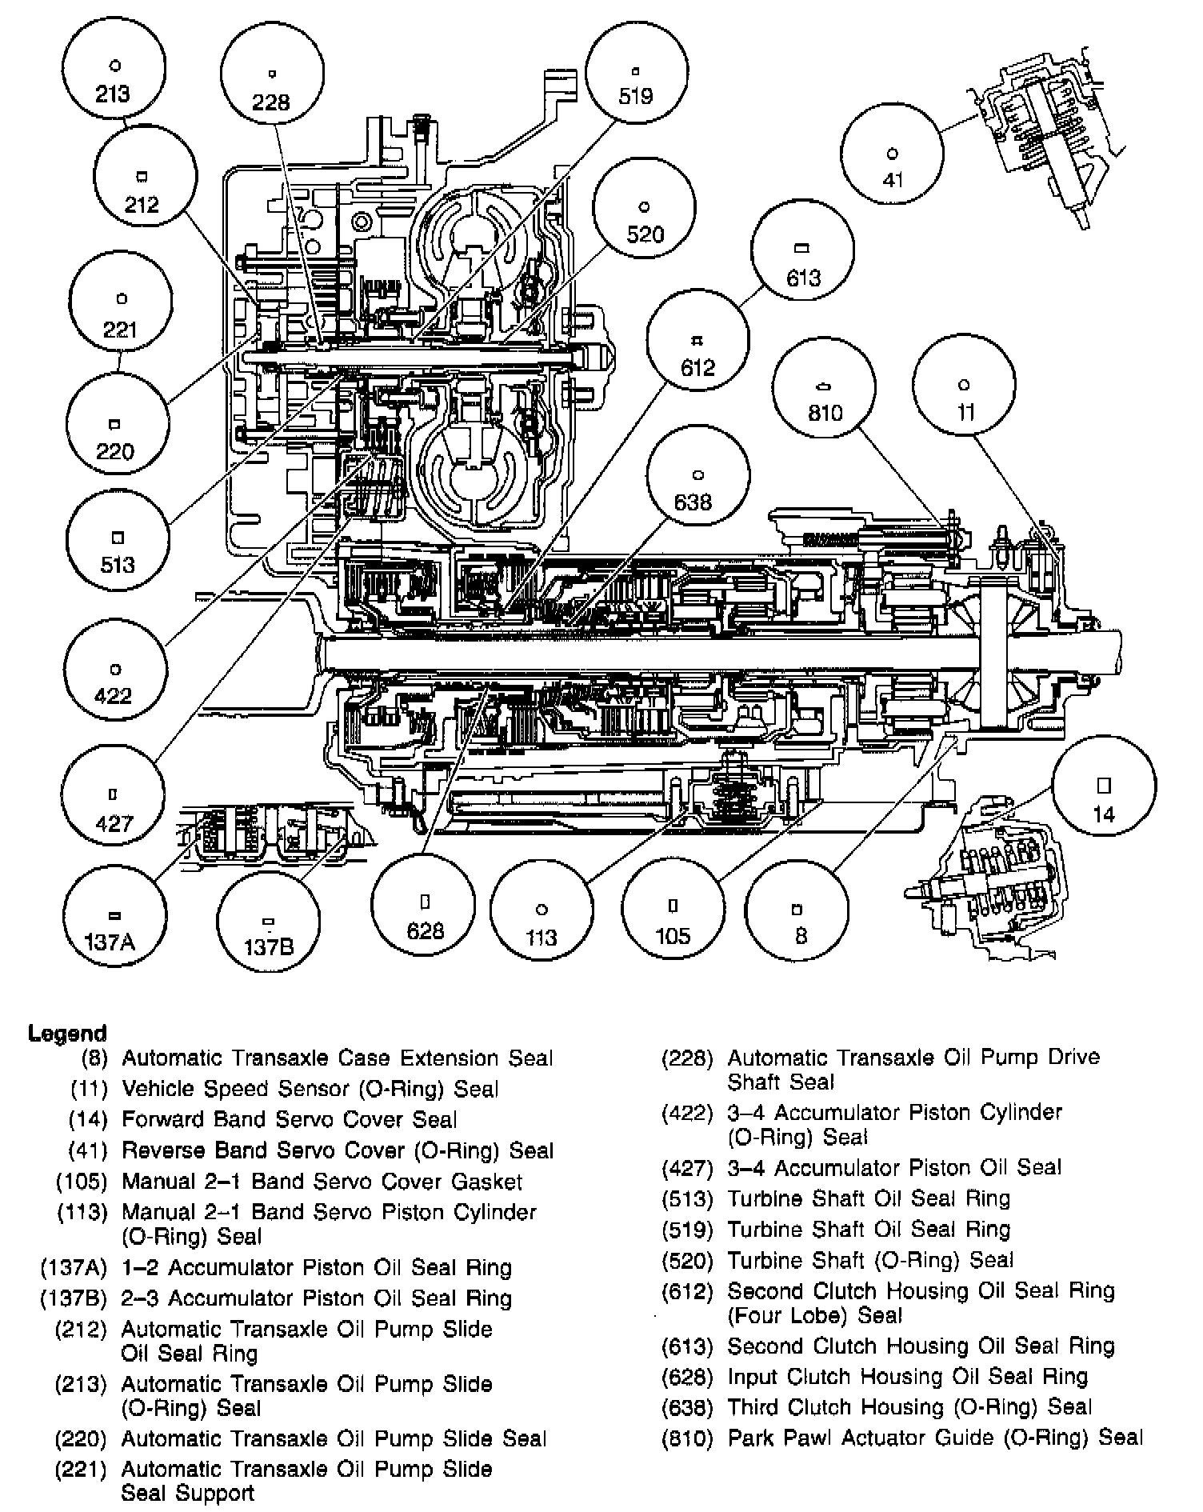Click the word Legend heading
point(67,1033)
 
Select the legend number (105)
point(81,1182)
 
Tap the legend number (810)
point(686,1438)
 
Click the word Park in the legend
point(752,1438)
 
